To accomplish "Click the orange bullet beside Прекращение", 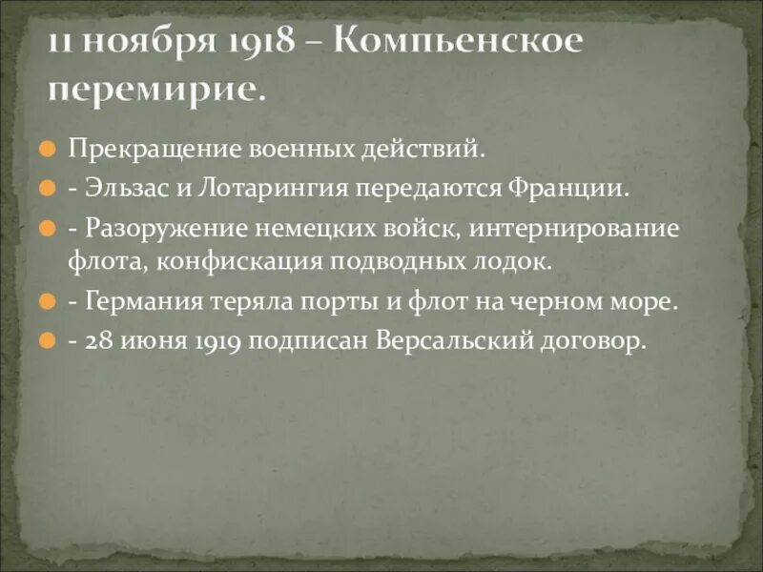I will tap(46, 151).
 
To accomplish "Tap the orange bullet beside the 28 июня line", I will tap(46, 340).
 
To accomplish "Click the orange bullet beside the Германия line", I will tap(46, 303).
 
